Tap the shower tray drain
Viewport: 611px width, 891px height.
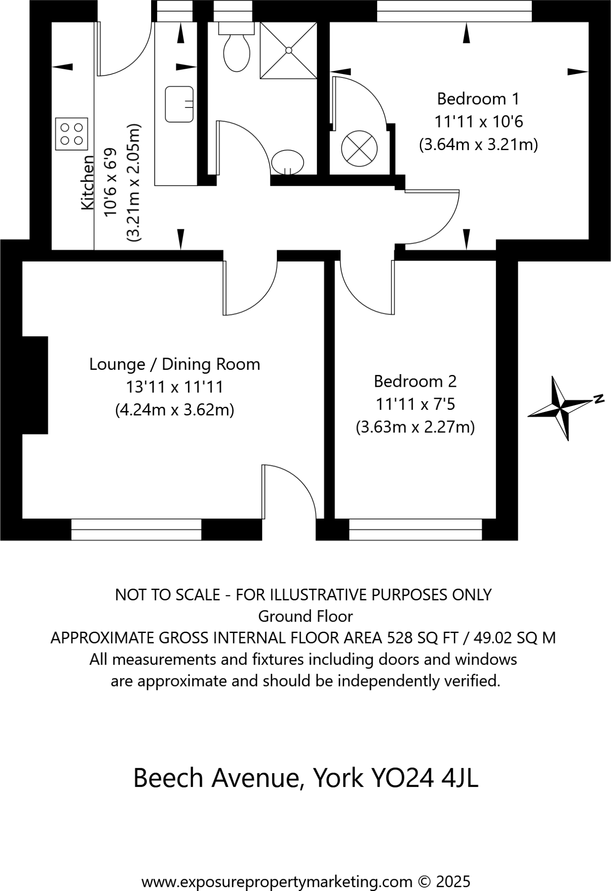pos(289,50)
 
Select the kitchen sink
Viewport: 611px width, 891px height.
pos(179,104)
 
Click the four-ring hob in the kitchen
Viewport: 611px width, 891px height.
pos(71,134)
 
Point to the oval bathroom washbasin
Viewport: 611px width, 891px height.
pos(287,162)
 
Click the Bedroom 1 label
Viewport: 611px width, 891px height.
pos(478,99)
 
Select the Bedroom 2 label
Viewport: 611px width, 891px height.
pos(415,382)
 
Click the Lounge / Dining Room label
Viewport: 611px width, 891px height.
pos(175,365)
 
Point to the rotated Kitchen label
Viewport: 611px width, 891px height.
pos(88,183)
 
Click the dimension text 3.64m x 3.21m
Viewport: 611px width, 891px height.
pos(478,144)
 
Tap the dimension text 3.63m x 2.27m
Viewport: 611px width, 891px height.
pos(415,427)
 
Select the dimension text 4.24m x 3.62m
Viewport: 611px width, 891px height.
pos(175,410)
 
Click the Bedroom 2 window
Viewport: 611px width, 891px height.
pos(415,529)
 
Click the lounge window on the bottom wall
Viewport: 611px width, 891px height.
pos(136,529)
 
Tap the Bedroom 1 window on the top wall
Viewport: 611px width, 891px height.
pos(454,11)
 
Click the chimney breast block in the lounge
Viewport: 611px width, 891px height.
pos(35,385)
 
